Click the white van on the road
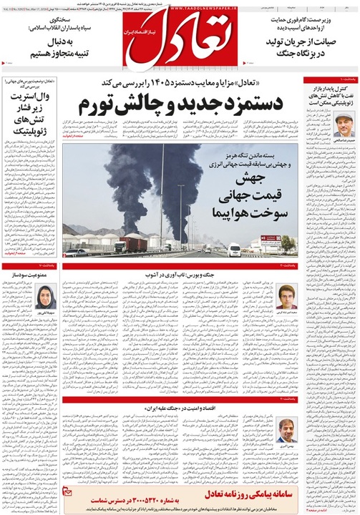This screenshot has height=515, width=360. coord(234,250)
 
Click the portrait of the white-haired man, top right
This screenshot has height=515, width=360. coord(345,126)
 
